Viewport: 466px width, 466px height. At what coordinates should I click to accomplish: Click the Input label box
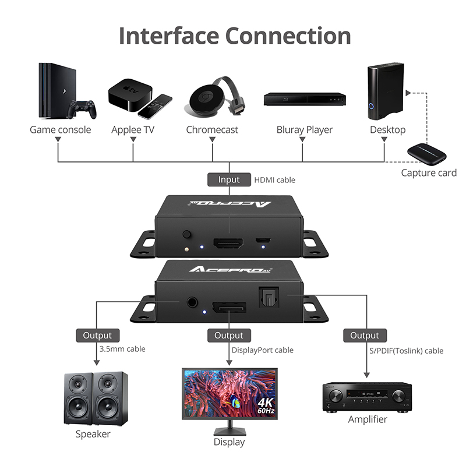pos(229,179)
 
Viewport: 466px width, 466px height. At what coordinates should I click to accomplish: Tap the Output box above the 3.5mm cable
pos(97,336)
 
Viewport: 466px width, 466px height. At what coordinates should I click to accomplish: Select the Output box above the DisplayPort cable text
pos(229,336)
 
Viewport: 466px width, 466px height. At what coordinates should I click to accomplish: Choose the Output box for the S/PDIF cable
pos(365,336)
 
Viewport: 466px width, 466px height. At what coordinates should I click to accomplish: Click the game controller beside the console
pos(82,110)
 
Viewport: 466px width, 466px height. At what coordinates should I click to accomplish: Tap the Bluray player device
pos(305,99)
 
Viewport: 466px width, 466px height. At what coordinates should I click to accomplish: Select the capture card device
pos(426,154)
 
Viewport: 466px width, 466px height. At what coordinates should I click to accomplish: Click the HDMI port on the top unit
pos(228,243)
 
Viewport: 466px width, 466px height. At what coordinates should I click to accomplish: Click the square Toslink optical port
pos(269,296)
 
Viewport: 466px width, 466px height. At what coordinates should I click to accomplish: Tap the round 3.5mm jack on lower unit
pos(192,302)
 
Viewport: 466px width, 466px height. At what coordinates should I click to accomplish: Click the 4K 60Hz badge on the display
pos(266,405)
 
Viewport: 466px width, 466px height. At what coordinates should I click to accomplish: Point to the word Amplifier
pos(368,419)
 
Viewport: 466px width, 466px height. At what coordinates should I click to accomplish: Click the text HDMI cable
pos(274,180)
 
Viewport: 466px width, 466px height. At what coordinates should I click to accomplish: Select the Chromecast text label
pos(212,130)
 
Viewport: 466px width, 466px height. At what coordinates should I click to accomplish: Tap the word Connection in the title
pos(288,36)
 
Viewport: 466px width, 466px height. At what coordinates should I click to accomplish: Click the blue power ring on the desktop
pos(372,106)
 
